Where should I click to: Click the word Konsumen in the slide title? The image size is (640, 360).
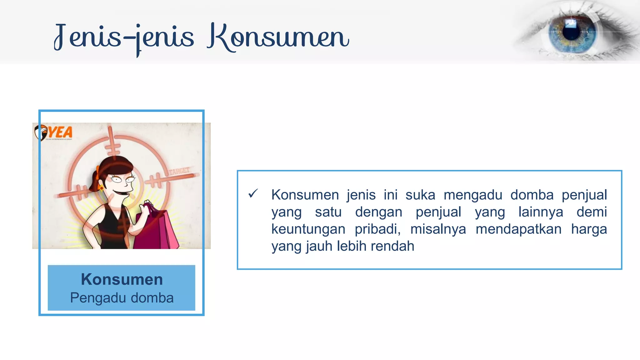[278, 37]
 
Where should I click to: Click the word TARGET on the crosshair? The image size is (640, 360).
[179, 171]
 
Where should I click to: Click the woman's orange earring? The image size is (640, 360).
[101, 188]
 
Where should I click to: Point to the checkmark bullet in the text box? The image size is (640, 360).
[253, 194]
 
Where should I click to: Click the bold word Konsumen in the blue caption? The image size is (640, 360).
[122, 279]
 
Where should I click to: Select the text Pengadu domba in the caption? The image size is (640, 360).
[122, 298]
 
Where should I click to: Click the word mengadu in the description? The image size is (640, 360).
[472, 195]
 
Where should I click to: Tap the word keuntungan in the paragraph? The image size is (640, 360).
[308, 229]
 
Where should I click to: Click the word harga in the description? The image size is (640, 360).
[589, 229]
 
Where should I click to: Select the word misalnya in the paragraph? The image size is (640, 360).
[438, 229]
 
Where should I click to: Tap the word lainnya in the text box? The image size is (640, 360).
[541, 212]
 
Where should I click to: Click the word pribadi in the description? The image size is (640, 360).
[377, 229]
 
